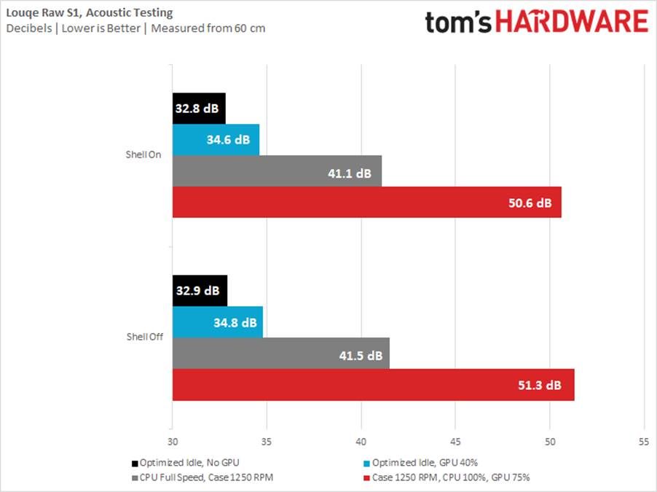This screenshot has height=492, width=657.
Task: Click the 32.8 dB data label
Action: coord(197,109)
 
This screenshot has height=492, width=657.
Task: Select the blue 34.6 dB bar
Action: coord(216,140)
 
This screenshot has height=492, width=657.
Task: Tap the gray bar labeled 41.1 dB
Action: coord(277,171)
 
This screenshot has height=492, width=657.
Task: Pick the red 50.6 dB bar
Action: coord(366,202)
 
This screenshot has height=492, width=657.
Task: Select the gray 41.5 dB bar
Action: coord(280,354)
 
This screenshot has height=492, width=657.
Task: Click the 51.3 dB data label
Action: coord(540,385)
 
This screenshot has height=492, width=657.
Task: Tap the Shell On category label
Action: coord(144,155)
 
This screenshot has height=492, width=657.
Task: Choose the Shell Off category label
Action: coord(143,337)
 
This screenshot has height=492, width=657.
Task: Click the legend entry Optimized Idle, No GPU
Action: coord(186,462)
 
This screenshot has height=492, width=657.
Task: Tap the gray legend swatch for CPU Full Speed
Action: coord(135,478)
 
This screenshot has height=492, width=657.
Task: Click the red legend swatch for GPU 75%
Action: coord(366,478)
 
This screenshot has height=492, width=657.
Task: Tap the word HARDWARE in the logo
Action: coord(571,22)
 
